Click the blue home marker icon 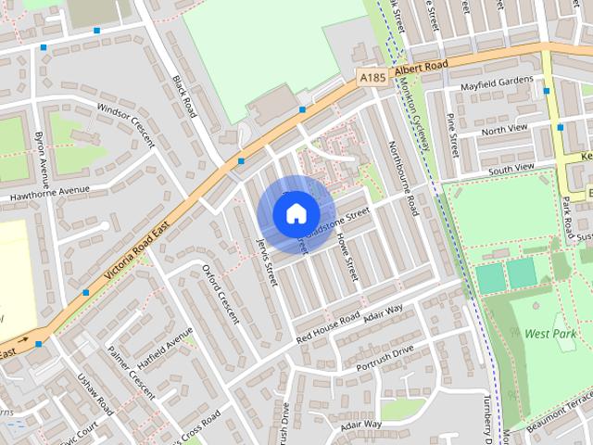pyautogui.click(x=296, y=213)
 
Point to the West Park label pyautogui.click(x=549, y=333)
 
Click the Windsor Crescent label pyautogui.click(x=130, y=121)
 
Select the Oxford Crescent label pyautogui.click(x=221, y=294)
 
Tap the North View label pyautogui.click(x=504, y=130)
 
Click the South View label pyautogui.click(x=511, y=169)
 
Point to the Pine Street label pyautogui.click(x=453, y=134)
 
